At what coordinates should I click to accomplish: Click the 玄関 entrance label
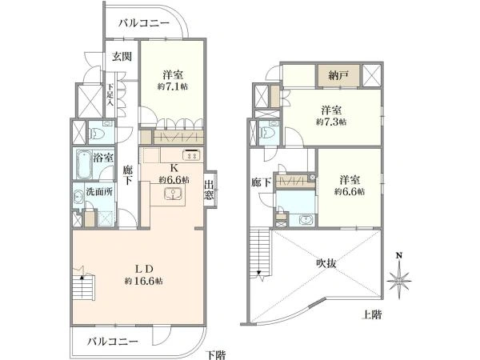pyautogui.click(x=122, y=56)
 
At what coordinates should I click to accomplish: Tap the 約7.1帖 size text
pyautogui.click(x=173, y=86)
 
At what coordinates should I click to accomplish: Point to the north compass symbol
pyautogui.click(x=398, y=278)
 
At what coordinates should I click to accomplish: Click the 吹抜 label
pyautogui.click(x=326, y=263)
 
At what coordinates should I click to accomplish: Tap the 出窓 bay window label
pyautogui.click(x=209, y=190)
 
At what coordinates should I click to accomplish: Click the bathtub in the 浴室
pyautogui.click(x=85, y=164)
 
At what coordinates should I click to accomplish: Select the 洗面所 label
pyautogui.click(x=99, y=192)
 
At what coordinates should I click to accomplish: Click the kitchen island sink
pyautogui.click(x=173, y=194)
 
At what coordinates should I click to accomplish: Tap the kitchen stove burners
pyautogui.click(x=191, y=155)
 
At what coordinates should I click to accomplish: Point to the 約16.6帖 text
pyautogui.click(x=143, y=281)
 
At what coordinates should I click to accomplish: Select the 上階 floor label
pyautogui.click(x=372, y=314)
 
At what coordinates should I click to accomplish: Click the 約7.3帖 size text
pyautogui.click(x=331, y=122)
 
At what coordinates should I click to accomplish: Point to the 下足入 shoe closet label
pyautogui.click(x=110, y=94)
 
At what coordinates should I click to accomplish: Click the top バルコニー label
pyautogui.click(x=144, y=23)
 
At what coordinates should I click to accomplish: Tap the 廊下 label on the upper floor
pyautogui.click(x=261, y=182)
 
